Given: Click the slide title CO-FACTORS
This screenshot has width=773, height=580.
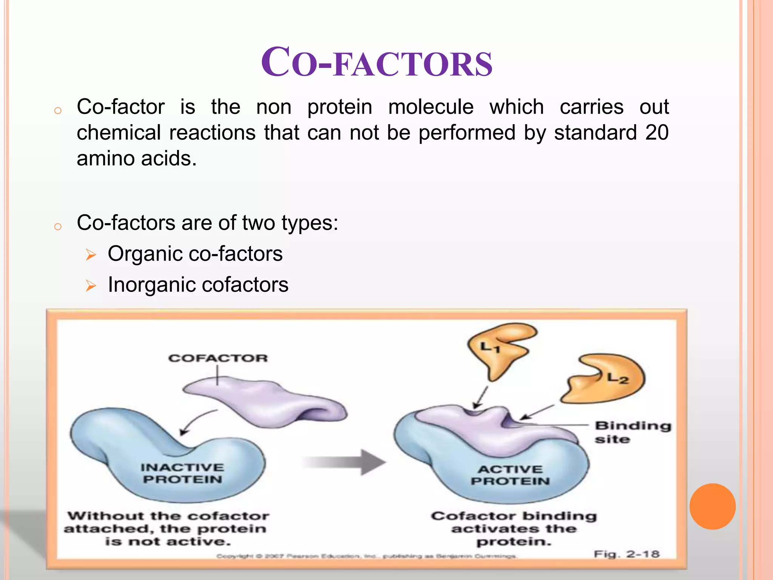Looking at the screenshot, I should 377,63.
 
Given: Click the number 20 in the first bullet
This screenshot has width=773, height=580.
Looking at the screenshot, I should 657,133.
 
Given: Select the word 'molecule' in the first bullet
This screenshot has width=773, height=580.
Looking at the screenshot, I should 431,107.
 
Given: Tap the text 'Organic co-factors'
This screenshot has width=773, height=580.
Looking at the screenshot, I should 195,254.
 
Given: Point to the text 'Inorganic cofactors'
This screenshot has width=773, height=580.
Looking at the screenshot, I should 198,285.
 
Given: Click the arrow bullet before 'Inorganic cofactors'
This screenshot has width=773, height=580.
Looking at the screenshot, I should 91,285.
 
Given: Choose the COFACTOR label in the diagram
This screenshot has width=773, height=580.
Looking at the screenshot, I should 218,358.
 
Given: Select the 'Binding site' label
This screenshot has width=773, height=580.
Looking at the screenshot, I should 632,432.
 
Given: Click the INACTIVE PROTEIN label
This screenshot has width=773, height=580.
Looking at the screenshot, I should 182,473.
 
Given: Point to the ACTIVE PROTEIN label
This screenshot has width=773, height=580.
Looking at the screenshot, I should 510,475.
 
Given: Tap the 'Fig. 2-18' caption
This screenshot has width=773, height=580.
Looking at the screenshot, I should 627,554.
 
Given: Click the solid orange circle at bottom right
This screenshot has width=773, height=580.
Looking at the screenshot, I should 712,506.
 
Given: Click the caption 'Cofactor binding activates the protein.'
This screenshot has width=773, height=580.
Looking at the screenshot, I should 513,529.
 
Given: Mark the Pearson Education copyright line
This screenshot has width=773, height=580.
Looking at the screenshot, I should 366,556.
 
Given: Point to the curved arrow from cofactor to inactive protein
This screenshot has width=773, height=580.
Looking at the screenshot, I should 196,421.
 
